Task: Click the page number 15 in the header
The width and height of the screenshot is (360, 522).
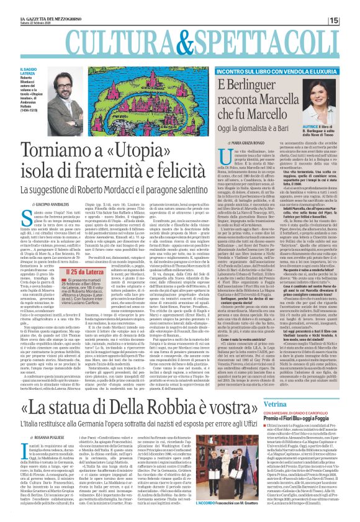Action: point(351,21)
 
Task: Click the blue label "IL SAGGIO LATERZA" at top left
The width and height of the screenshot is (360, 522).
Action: point(19,71)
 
